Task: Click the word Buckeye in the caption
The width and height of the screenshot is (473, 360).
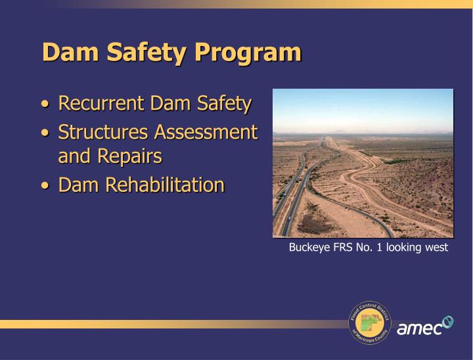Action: (x=307, y=248)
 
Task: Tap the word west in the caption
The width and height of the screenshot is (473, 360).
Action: (x=436, y=248)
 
